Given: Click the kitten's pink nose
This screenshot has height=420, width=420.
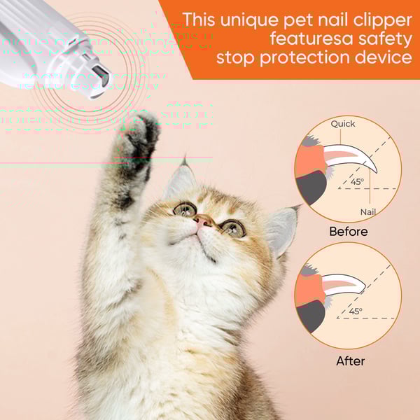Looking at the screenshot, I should (x=204, y=221).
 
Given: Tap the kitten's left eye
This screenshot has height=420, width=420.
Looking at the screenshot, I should (x=184, y=208).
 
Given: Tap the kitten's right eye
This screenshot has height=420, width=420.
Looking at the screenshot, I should (x=232, y=227).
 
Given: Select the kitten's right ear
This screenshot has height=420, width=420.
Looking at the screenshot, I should (x=282, y=228).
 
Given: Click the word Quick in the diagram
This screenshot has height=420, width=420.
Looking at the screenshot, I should (x=343, y=124).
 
